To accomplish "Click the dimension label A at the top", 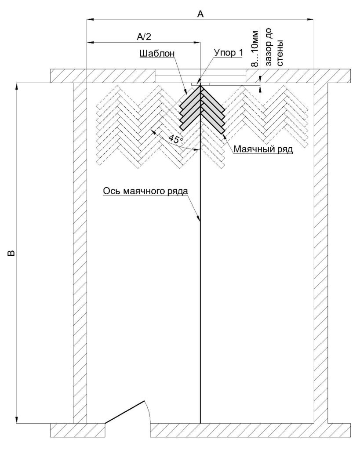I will pos(200,14).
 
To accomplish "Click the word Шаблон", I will pos(157,53).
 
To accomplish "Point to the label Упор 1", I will pos(228,53).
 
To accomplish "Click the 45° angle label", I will pos(175,139).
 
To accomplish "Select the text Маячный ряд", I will pos(263,149).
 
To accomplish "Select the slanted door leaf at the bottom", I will pos(124,412).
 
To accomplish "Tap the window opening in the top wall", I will pos(200,76).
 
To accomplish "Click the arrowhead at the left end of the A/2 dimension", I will pos(90,43).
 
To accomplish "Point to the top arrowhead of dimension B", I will pos(17,86).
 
